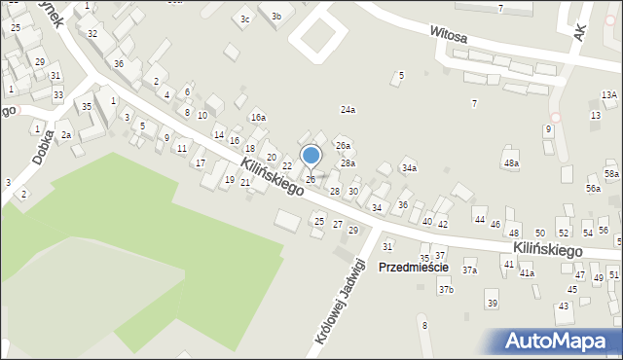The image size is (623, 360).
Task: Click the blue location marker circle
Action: click(x=311, y=155)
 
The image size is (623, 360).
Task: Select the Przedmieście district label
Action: click(x=413, y=267)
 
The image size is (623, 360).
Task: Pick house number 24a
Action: click(x=348, y=110)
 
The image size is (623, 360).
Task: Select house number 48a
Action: click(x=511, y=162)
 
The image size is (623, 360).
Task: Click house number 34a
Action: click(x=410, y=168)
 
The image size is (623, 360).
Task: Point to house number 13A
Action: click(x=608, y=94)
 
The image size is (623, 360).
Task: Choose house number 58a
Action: click(x=611, y=173)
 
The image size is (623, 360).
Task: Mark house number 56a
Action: click(x=593, y=188)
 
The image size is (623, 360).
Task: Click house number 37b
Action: click(x=446, y=290)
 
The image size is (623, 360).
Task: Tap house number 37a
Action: click(x=469, y=270)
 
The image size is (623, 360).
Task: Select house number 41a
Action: click(x=527, y=273)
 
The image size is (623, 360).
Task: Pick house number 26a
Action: click(x=343, y=145)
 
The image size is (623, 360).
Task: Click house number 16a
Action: click(x=258, y=117)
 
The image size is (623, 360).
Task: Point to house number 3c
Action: click(x=245, y=19)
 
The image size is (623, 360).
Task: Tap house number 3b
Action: click(x=276, y=16)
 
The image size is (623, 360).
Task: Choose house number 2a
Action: click(x=66, y=134)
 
